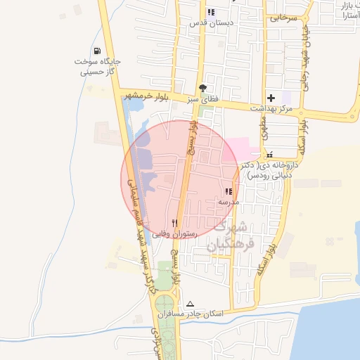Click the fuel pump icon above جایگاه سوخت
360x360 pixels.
96,51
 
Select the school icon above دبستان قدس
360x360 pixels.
211,12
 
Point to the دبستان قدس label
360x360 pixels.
211,22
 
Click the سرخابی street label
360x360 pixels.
283,16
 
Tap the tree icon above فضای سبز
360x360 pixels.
203,89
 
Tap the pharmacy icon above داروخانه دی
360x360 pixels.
269,155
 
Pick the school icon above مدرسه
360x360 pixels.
229,191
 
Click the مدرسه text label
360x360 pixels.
229,202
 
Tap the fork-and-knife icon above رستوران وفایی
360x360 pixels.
174,222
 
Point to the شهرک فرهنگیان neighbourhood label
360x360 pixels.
229,237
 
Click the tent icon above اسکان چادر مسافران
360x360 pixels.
188,303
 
